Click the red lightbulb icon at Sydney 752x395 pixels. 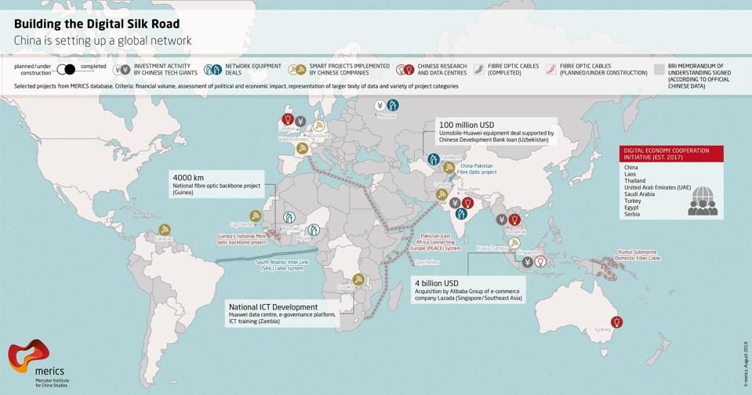click(617, 322)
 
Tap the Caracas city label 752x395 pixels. click(164, 238)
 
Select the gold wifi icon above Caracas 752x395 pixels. click(164, 229)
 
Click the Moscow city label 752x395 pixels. click(387, 116)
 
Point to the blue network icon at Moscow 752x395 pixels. click(393, 105)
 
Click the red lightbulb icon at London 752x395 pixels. click(287, 120)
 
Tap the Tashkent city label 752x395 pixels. click(450, 157)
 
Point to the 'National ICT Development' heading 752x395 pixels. click(272, 306)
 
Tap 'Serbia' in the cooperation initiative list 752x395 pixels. click(633, 214)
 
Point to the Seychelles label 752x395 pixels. click(427, 262)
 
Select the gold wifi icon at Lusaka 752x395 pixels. click(358, 278)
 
